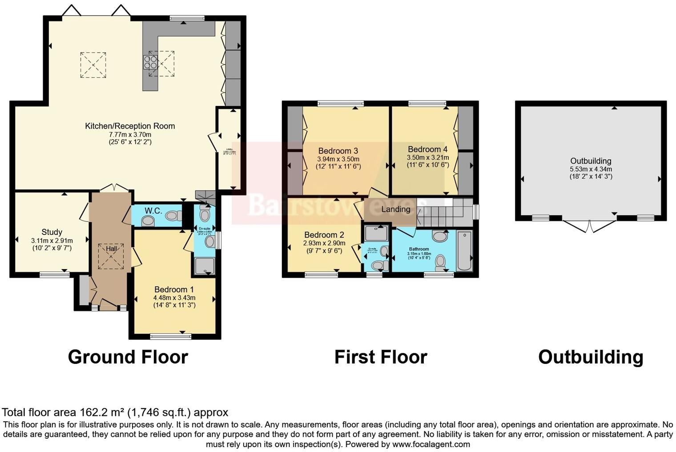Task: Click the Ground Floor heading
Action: click(x=128, y=357)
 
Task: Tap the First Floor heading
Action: click(x=381, y=357)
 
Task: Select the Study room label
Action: click(x=52, y=232)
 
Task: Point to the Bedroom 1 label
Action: click(x=174, y=289)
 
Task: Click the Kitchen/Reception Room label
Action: click(x=130, y=126)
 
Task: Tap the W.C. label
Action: click(x=153, y=210)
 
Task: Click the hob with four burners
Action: click(x=150, y=62)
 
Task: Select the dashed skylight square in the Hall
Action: click(x=111, y=256)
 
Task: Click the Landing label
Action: click(x=395, y=209)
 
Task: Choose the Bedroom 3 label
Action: click(x=338, y=151)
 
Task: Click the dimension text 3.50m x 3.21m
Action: click(x=428, y=157)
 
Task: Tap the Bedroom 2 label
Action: click(x=324, y=235)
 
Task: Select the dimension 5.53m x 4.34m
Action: click(x=591, y=169)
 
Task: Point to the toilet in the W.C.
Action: click(x=173, y=216)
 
